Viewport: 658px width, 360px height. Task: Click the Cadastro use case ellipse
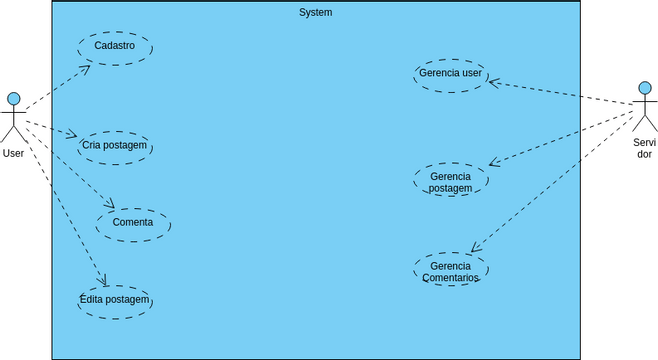pos(115,47)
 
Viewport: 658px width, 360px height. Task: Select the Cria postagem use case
pos(115,146)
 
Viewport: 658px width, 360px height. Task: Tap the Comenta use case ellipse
pos(133,223)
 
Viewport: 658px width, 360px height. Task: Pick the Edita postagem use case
pos(115,300)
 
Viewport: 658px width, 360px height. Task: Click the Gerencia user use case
pos(450,74)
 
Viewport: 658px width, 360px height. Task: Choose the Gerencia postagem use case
pos(450,181)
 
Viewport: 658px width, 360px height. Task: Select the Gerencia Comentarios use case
pos(450,270)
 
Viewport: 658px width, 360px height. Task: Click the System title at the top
pos(315,13)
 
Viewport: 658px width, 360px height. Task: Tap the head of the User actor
pos(14,99)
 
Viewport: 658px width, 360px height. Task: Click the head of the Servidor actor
pos(645,88)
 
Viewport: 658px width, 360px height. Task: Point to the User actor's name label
pos(14,154)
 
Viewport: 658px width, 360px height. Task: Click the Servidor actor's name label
pos(645,148)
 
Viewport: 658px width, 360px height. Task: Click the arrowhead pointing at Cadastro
pos(86,68)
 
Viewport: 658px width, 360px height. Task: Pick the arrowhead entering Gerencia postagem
pos(492,163)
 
